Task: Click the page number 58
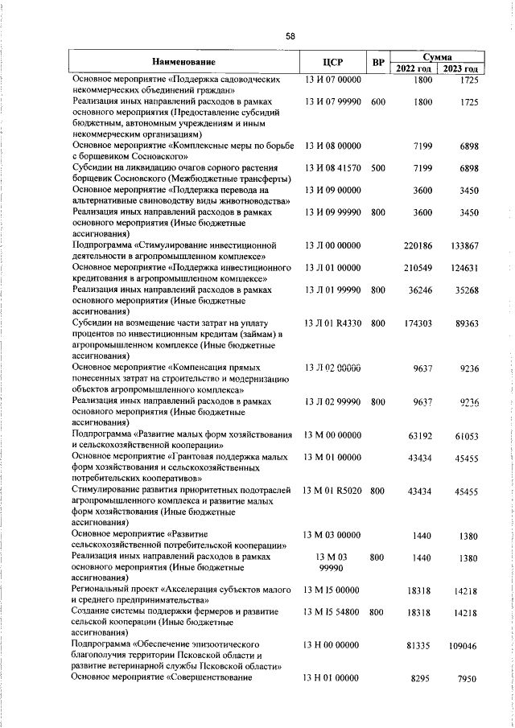coord(290,35)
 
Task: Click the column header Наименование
coord(185,63)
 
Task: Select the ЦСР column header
coord(332,63)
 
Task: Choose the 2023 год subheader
coord(462,69)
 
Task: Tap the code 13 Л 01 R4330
coord(332,323)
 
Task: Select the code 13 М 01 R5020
coord(332,490)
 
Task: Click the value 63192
coord(421,435)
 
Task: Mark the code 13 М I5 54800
coord(332,612)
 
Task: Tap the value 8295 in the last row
coord(423,679)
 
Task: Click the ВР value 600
coord(378,102)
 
